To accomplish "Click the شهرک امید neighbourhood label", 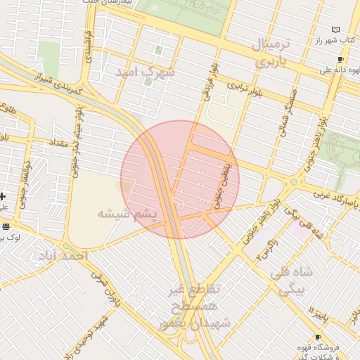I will pos(148,71).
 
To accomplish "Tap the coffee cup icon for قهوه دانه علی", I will pos(341,60).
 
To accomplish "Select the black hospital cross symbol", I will pos(4,196).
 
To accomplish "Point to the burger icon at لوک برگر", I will pos(6,226).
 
